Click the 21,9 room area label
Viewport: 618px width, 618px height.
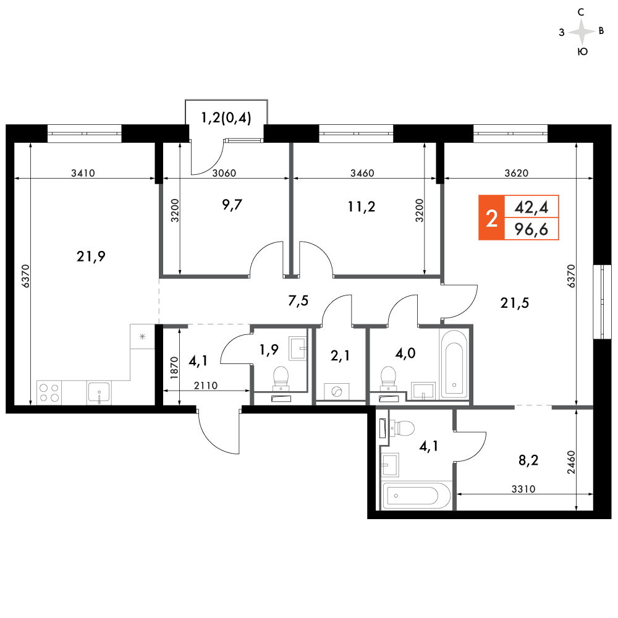(x=91, y=256)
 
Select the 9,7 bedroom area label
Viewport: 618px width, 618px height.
(x=232, y=205)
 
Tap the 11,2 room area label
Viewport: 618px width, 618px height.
(x=362, y=206)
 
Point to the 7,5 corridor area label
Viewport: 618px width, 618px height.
(x=298, y=301)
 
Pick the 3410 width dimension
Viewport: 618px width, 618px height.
(x=83, y=173)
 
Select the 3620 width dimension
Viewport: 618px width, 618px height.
(x=516, y=173)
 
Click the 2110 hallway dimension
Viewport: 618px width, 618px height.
(x=206, y=385)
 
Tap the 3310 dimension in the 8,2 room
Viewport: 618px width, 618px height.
(x=523, y=489)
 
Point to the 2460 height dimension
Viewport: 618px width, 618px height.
(x=571, y=462)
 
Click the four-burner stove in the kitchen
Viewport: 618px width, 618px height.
(x=49, y=392)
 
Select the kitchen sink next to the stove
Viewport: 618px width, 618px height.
(x=99, y=392)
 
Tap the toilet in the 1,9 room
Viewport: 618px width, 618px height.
(x=281, y=378)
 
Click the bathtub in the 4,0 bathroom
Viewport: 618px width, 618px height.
(x=454, y=364)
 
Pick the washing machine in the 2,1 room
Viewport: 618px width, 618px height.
(x=336, y=391)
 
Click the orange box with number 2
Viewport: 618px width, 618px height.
(x=491, y=218)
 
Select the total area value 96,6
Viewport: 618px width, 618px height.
(x=531, y=229)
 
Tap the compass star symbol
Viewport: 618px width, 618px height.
(x=582, y=32)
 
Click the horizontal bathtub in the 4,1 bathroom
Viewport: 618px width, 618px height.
(x=416, y=496)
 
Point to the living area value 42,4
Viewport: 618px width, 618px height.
(x=531, y=207)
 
